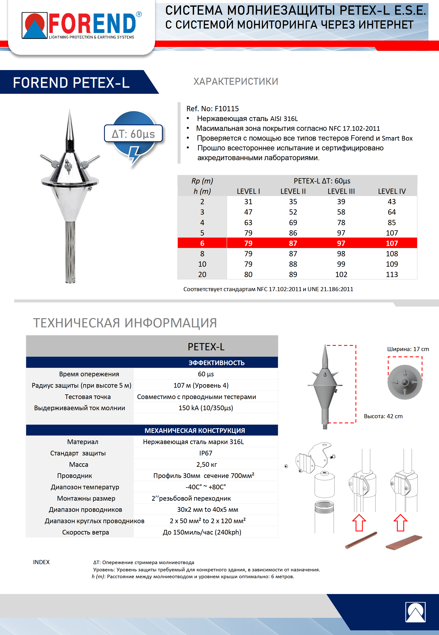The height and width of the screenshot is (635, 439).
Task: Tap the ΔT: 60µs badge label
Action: coord(133,134)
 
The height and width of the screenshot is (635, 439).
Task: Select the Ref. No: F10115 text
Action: coord(212,108)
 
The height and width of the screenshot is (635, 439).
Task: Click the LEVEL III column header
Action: coord(341,191)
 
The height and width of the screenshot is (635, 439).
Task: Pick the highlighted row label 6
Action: coord(202,243)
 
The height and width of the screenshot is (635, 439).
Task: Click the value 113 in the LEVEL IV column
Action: coord(392,274)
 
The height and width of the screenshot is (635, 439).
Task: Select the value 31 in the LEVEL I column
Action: coord(248,201)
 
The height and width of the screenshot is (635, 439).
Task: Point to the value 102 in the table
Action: coord(341,274)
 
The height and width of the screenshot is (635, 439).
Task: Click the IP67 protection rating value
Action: coord(206,453)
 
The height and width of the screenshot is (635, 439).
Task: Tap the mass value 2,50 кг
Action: coord(206,464)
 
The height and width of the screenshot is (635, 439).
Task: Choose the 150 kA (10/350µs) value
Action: coord(206,408)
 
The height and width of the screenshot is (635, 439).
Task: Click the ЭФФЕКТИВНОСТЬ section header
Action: coord(216,363)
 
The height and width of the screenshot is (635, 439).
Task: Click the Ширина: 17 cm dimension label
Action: coord(408,349)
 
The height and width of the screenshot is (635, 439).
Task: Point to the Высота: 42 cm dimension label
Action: coord(383,416)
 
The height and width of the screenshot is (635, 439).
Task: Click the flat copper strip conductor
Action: coord(404,542)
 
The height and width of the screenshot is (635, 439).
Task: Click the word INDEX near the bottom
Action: coord(41,562)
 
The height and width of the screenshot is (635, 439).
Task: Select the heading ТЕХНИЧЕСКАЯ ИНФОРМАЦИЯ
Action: coord(125,323)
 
